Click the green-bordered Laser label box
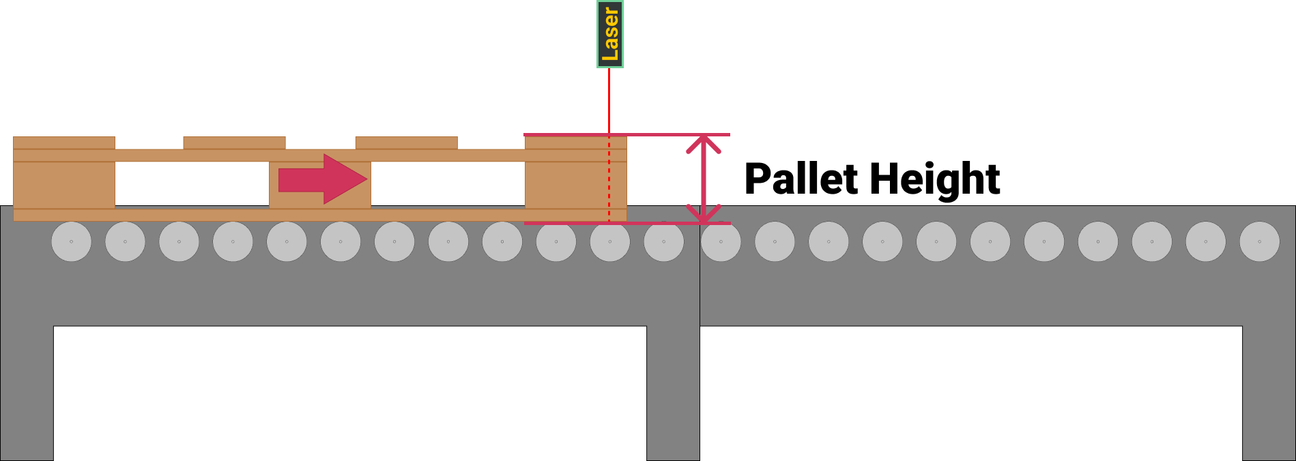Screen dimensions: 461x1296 point(609,34)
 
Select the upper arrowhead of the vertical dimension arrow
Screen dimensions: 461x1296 point(703,143)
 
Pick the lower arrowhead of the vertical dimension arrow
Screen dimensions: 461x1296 point(703,214)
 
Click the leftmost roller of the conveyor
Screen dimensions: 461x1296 point(71,241)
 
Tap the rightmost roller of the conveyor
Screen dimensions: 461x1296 point(1259,241)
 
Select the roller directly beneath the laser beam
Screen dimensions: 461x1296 point(609,241)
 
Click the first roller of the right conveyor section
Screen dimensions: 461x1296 point(721,241)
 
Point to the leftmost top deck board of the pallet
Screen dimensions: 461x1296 point(64,143)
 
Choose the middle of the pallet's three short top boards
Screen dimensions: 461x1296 point(234,143)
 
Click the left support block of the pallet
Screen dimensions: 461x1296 point(64,185)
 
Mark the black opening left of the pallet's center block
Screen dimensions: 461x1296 point(192,184)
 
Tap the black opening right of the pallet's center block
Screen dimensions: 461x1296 point(448,184)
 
